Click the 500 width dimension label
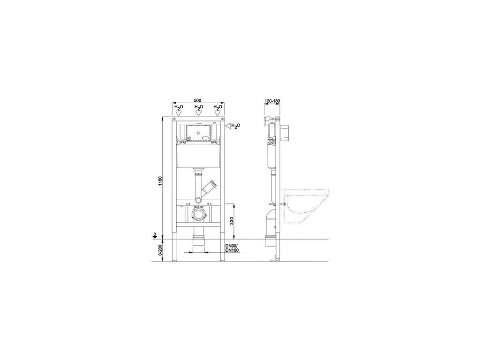click(x=197, y=101)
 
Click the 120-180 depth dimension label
click(x=272, y=101)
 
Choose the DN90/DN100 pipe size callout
click(x=232, y=248)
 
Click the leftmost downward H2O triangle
click(x=179, y=113)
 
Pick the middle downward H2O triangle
click(x=198, y=113)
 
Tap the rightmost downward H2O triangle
click(x=217, y=113)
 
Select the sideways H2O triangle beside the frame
click(x=228, y=125)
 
